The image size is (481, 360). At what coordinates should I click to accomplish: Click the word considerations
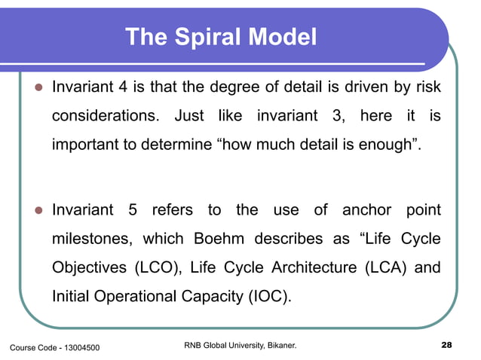(106, 118)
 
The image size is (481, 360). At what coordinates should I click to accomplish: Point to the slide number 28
(446, 346)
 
